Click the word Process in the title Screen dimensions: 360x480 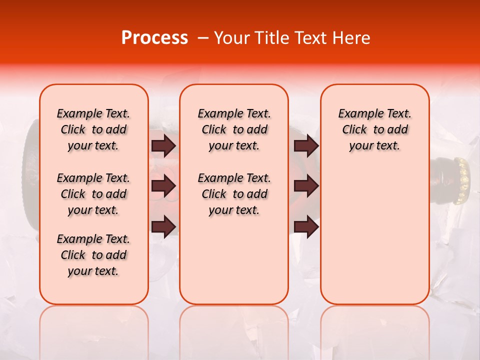[x=154, y=38]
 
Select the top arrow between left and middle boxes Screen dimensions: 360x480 [x=163, y=145]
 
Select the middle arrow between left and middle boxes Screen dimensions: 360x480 [x=163, y=186]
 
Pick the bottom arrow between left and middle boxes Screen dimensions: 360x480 [x=163, y=226]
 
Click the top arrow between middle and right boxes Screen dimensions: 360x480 [x=306, y=145]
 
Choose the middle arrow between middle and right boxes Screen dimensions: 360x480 [x=306, y=186]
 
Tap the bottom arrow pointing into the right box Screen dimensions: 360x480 [x=306, y=226]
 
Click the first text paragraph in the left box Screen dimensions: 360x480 [x=93, y=129]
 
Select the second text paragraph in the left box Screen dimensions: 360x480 [x=93, y=194]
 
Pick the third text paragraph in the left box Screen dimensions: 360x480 [x=93, y=255]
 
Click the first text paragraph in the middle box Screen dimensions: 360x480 [x=234, y=129]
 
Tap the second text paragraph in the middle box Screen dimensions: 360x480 [x=234, y=194]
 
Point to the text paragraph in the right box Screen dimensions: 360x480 [x=374, y=129]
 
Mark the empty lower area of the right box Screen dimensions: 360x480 [x=374, y=240]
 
